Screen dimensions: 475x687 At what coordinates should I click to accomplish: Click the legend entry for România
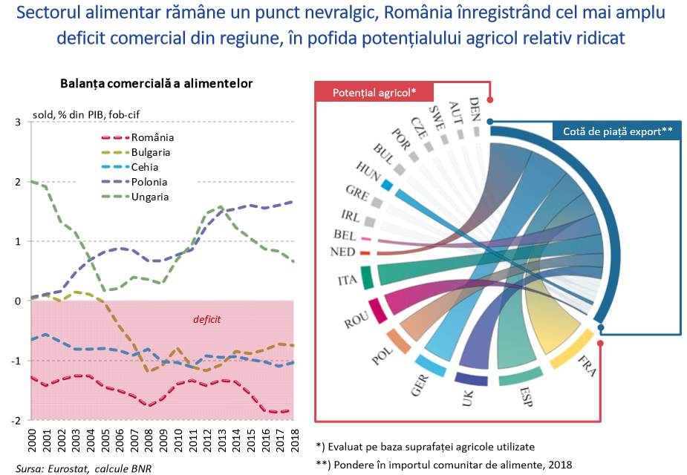[152, 137]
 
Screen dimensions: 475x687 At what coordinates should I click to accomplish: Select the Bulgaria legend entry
[151, 152]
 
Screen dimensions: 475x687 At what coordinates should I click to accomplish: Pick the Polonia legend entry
[149, 182]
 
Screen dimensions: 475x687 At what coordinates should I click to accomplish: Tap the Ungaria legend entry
[150, 197]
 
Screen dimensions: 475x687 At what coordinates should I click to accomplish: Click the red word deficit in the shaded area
[207, 320]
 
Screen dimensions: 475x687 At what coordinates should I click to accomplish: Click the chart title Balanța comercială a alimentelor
[157, 83]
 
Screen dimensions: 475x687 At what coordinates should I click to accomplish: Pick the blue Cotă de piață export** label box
[617, 131]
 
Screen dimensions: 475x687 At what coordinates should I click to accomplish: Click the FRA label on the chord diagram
[587, 367]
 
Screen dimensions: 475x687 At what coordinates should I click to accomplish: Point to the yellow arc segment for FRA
[571, 349]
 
